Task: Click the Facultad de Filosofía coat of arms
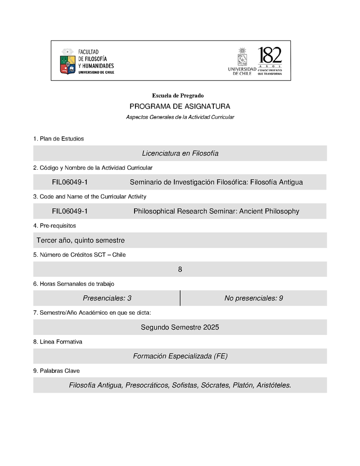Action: [x=67, y=62]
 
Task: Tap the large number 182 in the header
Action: [x=270, y=56]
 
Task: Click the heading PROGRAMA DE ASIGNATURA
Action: [x=180, y=106]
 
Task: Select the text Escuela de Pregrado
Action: [x=178, y=95]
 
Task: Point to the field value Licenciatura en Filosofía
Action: [x=180, y=153]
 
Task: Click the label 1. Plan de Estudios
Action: [x=58, y=139]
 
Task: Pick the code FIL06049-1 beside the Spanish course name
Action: [x=70, y=182]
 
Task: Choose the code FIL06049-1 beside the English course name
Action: [x=70, y=211]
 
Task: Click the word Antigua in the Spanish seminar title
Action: [x=290, y=182]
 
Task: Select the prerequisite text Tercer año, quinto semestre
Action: [x=81, y=240]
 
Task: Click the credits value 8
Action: [x=180, y=269]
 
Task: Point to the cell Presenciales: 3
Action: [x=107, y=298]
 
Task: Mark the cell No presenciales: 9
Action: [x=253, y=298]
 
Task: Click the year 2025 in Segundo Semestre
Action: [x=211, y=327]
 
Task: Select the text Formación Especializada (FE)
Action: [x=180, y=356]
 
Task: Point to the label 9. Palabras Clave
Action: [x=56, y=371]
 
